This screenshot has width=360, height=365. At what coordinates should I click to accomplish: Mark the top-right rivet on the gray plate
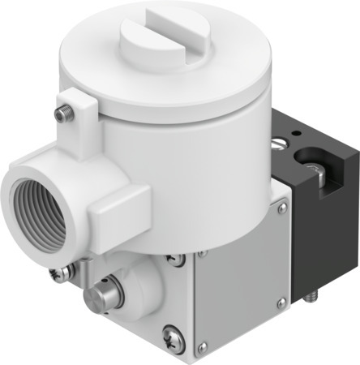(281, 208)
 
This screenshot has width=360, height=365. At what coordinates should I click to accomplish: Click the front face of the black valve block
(324, 215)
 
